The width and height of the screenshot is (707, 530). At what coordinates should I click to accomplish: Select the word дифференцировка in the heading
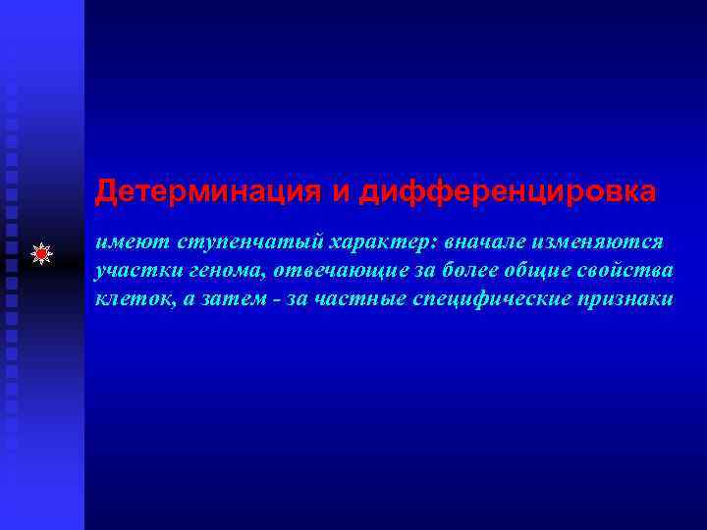[x=507, y=193]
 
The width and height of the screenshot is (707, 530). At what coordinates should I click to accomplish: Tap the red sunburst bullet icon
[x=42, y=255]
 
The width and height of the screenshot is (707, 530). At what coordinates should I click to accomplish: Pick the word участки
[x=132, y=270]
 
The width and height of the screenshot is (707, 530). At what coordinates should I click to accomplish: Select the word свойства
[x=625, y=270]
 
